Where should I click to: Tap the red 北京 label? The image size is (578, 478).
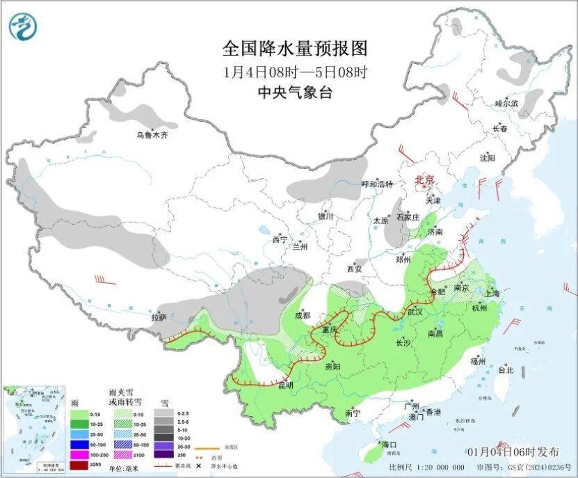[424, 180]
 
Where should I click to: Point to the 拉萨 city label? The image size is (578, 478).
[159, 317]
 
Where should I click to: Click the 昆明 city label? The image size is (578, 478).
[287, 385]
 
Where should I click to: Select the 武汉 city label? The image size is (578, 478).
[416, 311]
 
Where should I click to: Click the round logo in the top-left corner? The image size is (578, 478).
[24, 26]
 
